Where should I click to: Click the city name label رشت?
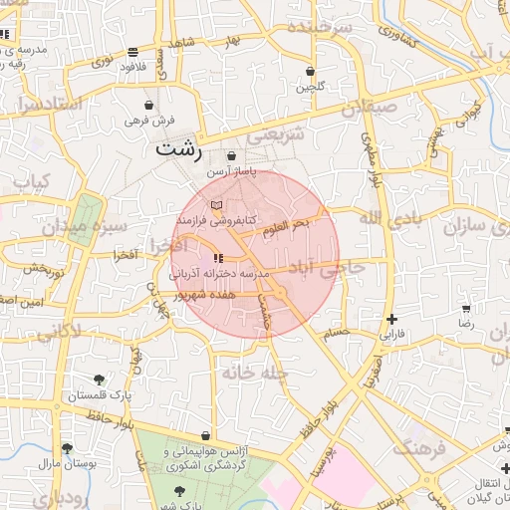click(x=179, y=151)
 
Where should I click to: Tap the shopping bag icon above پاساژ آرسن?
click(x=232, y=156)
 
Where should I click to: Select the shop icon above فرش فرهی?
click(x=149, y=105)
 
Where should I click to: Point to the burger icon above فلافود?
click(x=133, y=52)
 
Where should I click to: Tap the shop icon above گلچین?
click(x=311, y=72)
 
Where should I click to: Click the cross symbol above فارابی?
click(x=391, y=319)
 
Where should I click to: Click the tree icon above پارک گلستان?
click(x=99, y=380)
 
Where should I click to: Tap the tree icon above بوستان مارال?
click(x=67, y=448)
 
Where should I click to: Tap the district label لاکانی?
click(x=59, y=331)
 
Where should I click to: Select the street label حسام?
click(x=336, y=331)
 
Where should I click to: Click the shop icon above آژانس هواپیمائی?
click(x=205, y=436)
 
